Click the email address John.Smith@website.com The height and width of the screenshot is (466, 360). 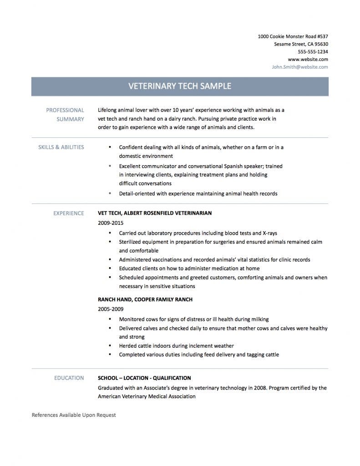click(x=300, y=67)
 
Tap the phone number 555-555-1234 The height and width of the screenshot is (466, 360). click(x=313, y=52)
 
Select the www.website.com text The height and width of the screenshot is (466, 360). click(x=308, y=59)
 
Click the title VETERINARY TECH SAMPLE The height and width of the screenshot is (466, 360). click(x=180, y=86)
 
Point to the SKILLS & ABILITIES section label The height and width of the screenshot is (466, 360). click(x=61, y=147)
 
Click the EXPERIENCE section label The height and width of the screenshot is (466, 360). click(x=69, y=213)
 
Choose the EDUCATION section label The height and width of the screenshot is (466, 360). click(x=69, y=378)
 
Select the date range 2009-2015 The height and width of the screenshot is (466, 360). click(x=111, y=223)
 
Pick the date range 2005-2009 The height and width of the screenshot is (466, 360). click(x=111, y=309)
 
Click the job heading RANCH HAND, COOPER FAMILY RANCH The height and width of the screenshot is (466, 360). click(x=145, y=299)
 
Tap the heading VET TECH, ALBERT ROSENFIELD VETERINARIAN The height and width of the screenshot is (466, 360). click(x=155, y=213)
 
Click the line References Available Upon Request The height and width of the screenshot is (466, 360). click(x=74, y=415)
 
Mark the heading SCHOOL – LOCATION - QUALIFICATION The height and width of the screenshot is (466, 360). click(x=144, y=378)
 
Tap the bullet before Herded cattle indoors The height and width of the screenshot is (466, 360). click(x=110, y=346)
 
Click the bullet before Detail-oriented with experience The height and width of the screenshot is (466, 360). click(x=110, y=193)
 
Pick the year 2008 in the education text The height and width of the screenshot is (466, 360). click(x=254, y=388)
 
